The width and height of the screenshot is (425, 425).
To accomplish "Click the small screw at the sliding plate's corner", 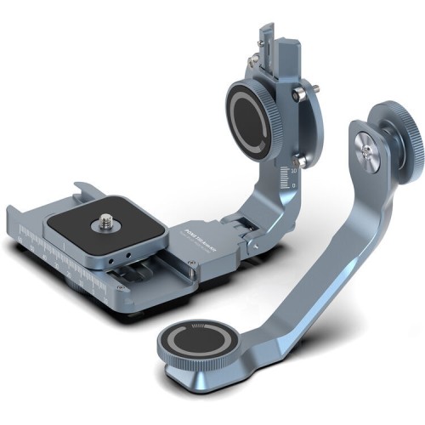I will (195, 269).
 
